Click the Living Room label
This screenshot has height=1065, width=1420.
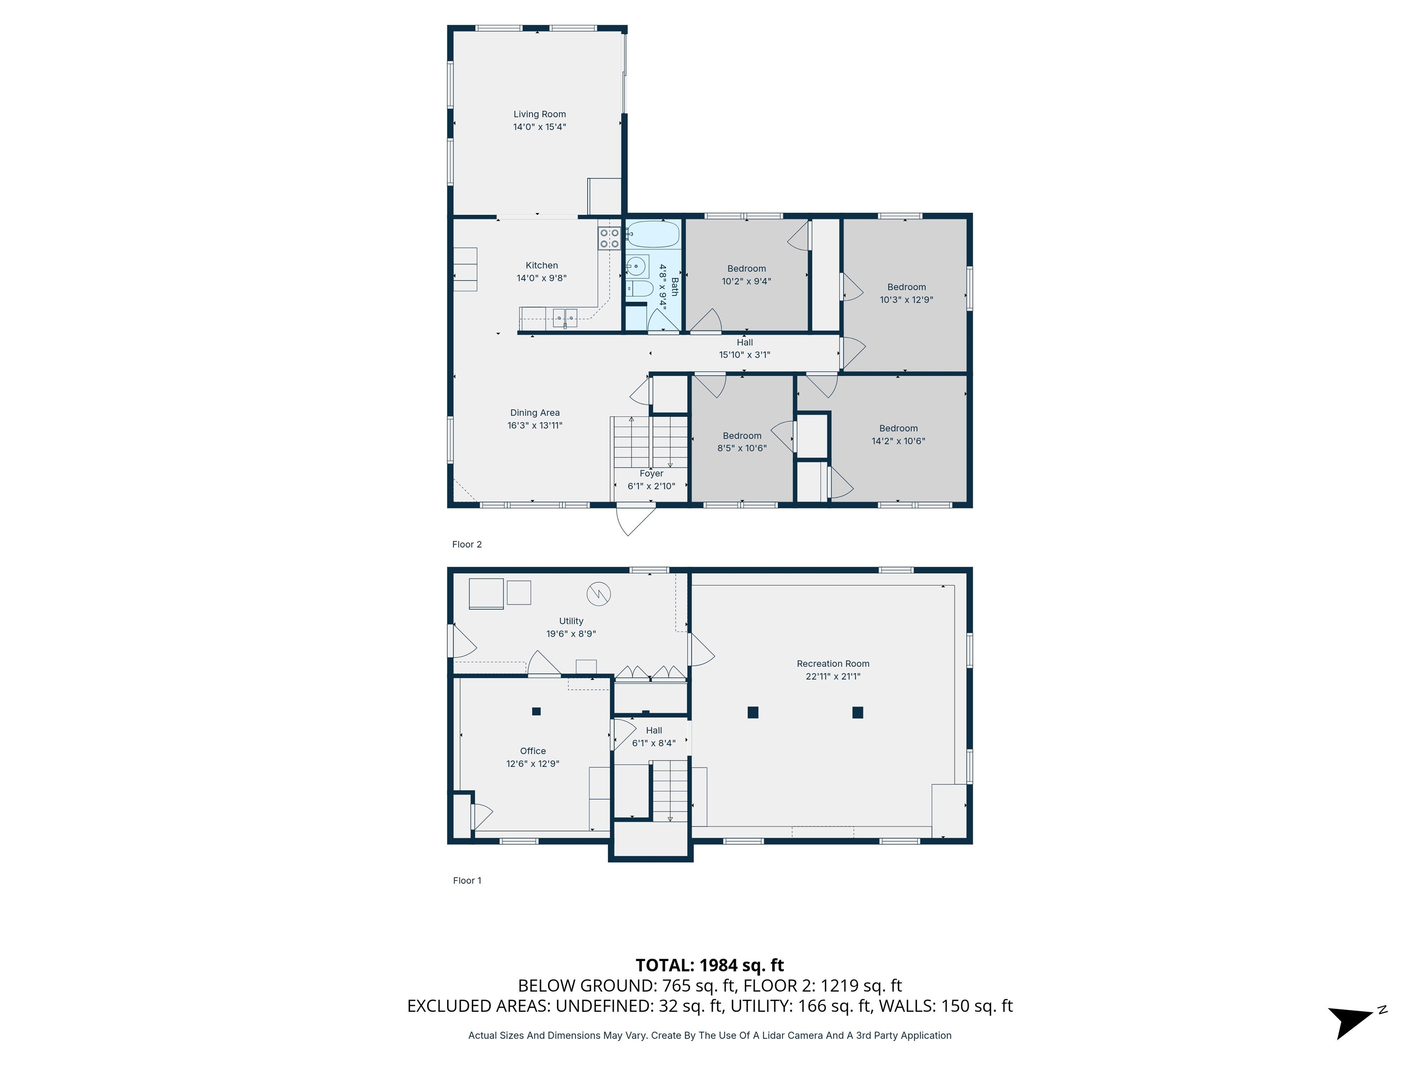pos(539,114)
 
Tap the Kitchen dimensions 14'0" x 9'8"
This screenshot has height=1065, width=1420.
pos(542,278)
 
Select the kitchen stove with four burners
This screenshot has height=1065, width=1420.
pos(609,238)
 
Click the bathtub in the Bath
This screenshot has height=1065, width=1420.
pos(653,234)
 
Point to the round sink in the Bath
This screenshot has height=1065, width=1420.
pos(636,265)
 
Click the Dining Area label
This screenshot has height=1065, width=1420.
pos(535,413)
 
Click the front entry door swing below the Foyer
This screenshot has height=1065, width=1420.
pos(636,520)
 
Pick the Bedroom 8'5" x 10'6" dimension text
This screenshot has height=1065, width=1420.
pos(742,448)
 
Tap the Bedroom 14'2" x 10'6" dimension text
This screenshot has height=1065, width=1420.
pos(898,441)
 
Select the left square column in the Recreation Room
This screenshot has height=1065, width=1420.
pos(753,712)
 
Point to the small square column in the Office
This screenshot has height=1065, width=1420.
pos(537,711)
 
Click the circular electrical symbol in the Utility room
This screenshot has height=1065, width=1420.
pos(598,594)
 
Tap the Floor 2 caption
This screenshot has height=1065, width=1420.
pos(467,545)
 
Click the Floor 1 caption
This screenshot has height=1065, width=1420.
pos(467,881)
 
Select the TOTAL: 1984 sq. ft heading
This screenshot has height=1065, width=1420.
pos(710,966)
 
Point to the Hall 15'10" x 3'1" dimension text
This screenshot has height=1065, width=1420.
pos(745,355)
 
